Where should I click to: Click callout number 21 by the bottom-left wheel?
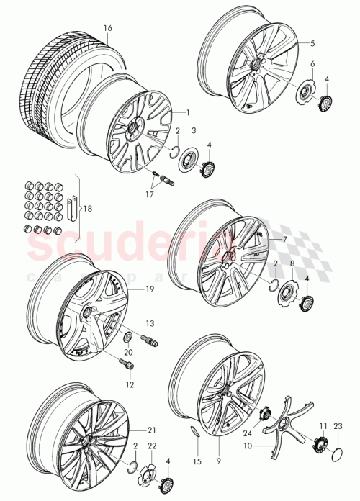pyautogui.click(x=151, y=430)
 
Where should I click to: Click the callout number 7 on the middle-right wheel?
pyautogui.click(x=284, y=238)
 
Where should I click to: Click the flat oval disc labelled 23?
pyautogui.click(x=336, y=455)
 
